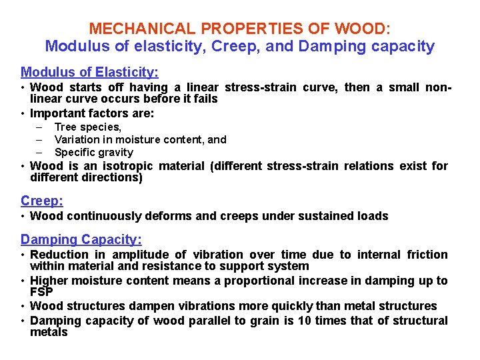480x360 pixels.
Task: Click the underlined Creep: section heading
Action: click(x=42, y=201)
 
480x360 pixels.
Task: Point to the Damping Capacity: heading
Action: click(x=81, y=239)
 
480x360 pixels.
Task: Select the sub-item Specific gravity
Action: click(x=94, y=152)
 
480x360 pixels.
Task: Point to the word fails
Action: click(x=205, y=98)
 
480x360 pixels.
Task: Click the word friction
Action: click(x=425, y=254)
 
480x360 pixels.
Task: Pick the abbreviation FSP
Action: click(x=41, y=291)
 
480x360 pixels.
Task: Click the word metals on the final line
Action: click(x=49, y=331)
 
